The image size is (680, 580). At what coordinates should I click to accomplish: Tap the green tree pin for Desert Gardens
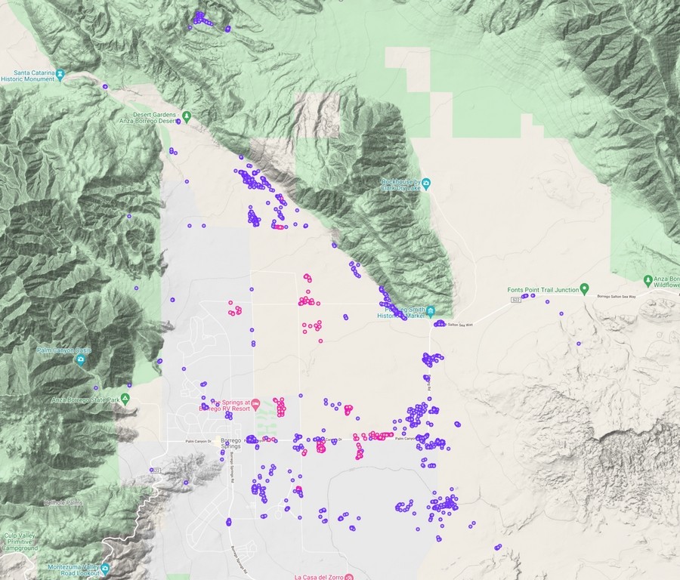pos(186,116)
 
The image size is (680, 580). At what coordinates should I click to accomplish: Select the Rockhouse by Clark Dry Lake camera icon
pos(426,183)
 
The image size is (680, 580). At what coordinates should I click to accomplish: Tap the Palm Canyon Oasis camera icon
pos(80,359)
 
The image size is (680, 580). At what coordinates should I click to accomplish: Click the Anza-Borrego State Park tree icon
pos(125,399)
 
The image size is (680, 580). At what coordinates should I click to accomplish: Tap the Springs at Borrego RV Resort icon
pos(255,403)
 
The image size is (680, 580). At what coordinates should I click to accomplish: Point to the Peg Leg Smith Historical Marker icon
pos(430,311)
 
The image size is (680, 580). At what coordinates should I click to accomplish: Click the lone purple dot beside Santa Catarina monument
pos(105,87)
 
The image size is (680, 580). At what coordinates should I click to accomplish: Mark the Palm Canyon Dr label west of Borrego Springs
pos(196,442)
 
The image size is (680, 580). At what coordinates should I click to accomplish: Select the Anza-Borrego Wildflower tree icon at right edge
pos(648,279)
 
